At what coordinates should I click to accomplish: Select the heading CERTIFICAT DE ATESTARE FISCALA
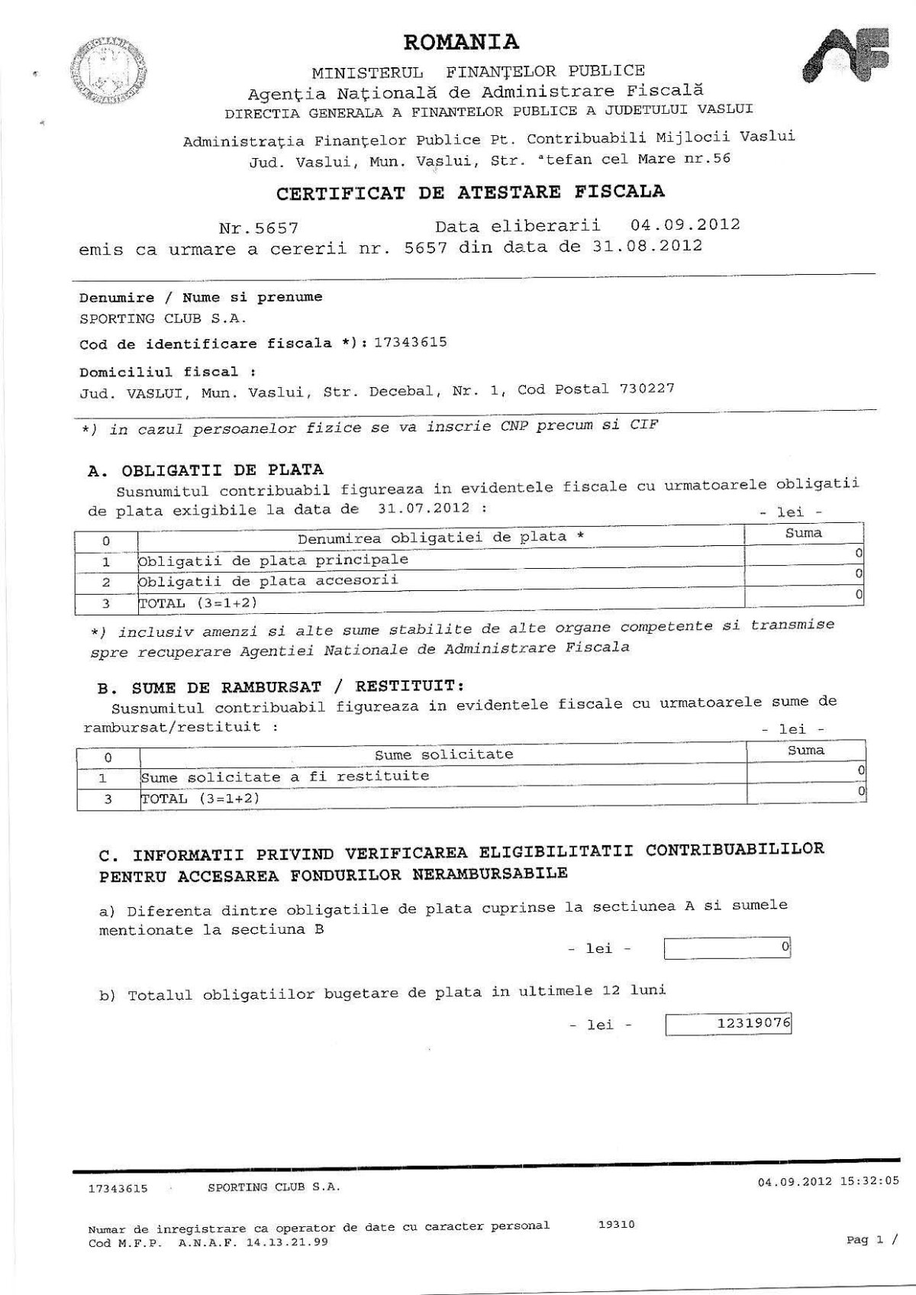pos(470,192)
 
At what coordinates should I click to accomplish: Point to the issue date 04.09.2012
pos(685,225)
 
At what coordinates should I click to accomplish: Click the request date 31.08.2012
pos(647,246)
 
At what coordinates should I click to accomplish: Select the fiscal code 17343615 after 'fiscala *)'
pos(411,342)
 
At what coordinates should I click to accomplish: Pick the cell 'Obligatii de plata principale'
pos(273,560)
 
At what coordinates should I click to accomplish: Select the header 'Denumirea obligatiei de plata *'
pos(440,537)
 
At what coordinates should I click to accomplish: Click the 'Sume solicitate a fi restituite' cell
pos(285,777)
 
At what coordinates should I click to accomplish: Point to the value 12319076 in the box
pos(754,1021)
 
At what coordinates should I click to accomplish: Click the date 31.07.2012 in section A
pos(423,509)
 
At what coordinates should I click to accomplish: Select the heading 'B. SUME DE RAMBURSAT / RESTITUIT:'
pos(281,685)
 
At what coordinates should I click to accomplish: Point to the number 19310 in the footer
pos(617,1225)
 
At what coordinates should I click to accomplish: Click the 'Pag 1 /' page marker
pos(871,1240)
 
